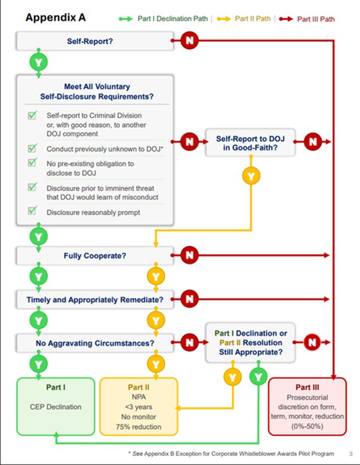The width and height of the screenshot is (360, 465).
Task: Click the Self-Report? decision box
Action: pos(94,41)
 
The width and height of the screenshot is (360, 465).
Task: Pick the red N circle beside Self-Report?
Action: pos(190,41)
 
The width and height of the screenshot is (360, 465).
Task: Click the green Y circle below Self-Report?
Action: pos(39,61)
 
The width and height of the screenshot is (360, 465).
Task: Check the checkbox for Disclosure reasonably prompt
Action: pos(33,212)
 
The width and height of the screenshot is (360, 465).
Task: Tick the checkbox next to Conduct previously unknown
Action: pos(33,149)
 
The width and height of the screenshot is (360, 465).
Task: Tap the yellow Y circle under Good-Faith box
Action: pos(251,176)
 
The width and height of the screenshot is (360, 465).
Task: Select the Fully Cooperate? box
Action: pos(94,256)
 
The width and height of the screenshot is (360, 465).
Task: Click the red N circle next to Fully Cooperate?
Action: pos(190,256)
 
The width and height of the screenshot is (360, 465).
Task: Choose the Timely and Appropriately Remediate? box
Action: pos(94,299)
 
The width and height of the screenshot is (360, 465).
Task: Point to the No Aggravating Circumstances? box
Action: pos(94,342)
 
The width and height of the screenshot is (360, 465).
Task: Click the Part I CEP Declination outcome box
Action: pos(56,406)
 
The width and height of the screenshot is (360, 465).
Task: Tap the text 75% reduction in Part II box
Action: pos(138,427)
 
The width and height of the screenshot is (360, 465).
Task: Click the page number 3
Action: pos(350,453)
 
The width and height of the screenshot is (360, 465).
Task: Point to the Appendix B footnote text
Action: pos(231,453)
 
